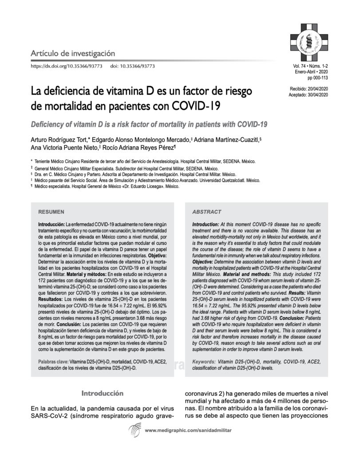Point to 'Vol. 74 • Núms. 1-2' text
309,66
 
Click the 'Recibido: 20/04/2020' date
308,89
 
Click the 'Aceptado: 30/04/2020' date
308,95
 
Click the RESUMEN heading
51,212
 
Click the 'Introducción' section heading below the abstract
102,393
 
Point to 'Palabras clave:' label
53,362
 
